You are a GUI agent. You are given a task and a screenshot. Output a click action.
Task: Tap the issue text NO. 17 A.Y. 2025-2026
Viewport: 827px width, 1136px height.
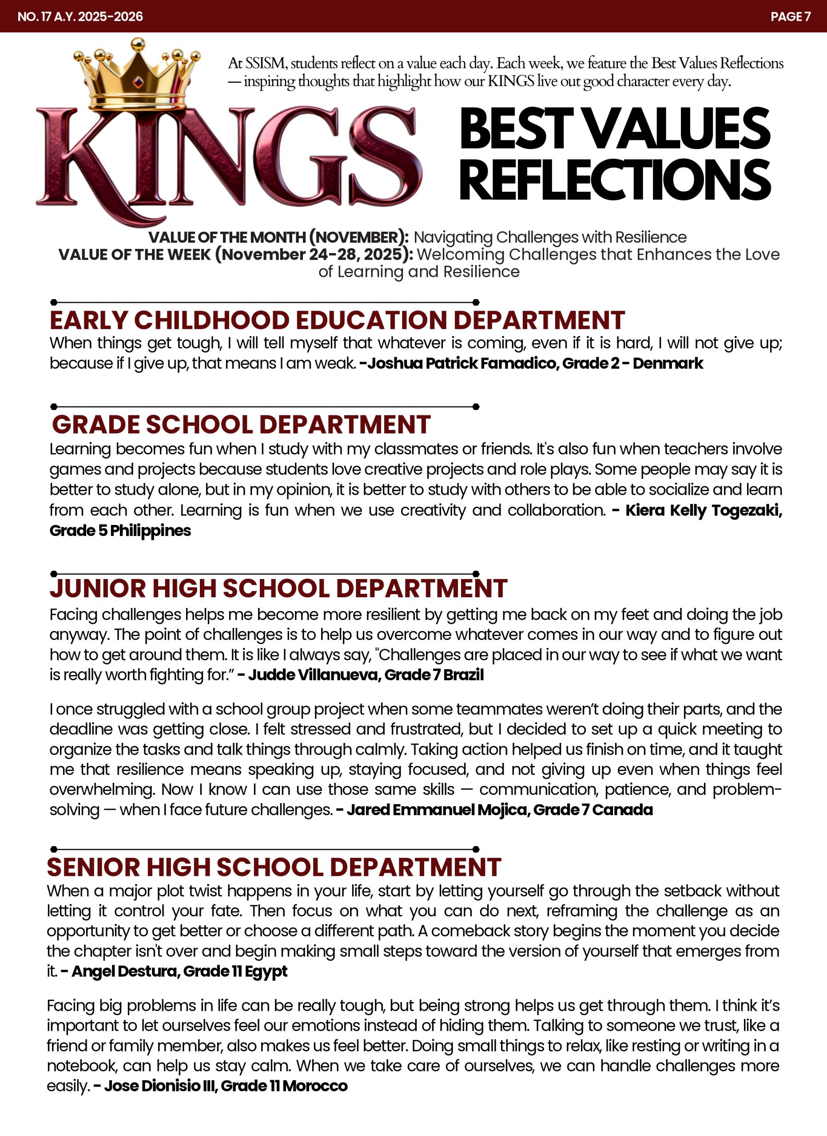pyautogui.click(x=80, y=16)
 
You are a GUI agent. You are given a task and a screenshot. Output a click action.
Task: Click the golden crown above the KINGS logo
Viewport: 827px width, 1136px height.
pyautogui.click(x=137, y=73)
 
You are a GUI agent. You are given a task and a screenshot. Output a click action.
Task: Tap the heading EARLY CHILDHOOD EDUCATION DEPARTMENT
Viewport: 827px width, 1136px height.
pyautogui.click(x=337, y=320)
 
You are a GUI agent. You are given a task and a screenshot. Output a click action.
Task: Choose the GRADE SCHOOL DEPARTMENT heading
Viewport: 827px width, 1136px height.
pyautogui.click(x=241, y=424)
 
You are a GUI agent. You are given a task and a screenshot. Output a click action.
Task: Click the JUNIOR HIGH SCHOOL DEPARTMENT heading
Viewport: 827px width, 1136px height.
pyautogui.click(x=278, y=588)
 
